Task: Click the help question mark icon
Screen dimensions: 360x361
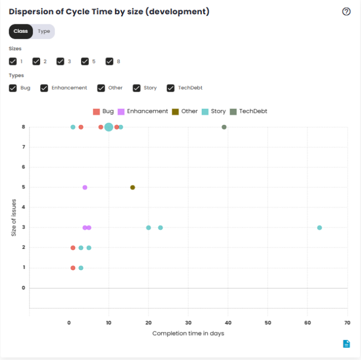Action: tap(347, 12)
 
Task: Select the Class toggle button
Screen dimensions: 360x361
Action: tap(21, 31)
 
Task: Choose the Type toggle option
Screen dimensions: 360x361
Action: tap(44, 31)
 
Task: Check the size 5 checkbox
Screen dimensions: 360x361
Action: tap(85, 61)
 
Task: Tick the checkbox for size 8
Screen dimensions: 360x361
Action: tap(110, 61)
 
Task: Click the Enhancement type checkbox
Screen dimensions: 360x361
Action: tap(44, 88)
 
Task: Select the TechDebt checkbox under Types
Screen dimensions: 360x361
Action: tap(170, 88)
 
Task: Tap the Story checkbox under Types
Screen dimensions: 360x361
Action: tap(137, 88)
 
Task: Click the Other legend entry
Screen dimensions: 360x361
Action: tap(185, 111)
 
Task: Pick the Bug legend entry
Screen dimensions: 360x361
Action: tap(103, 111)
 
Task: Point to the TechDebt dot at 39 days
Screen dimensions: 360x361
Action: tap(224, 127)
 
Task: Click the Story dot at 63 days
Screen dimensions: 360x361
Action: tap(319, 228)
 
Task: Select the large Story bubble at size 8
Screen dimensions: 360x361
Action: tap(109, 127)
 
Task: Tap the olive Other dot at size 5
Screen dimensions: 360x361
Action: tap(132, 187)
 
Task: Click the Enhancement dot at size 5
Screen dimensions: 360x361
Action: tap(85, 187)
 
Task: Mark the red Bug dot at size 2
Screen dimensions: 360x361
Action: tap(73, 248)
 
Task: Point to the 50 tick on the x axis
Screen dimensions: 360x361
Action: tap(268, 322)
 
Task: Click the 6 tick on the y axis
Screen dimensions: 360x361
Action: tap(23, 167)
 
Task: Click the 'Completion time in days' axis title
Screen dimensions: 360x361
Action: tap(188, 334)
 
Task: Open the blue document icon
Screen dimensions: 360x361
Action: tap(346, 344)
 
